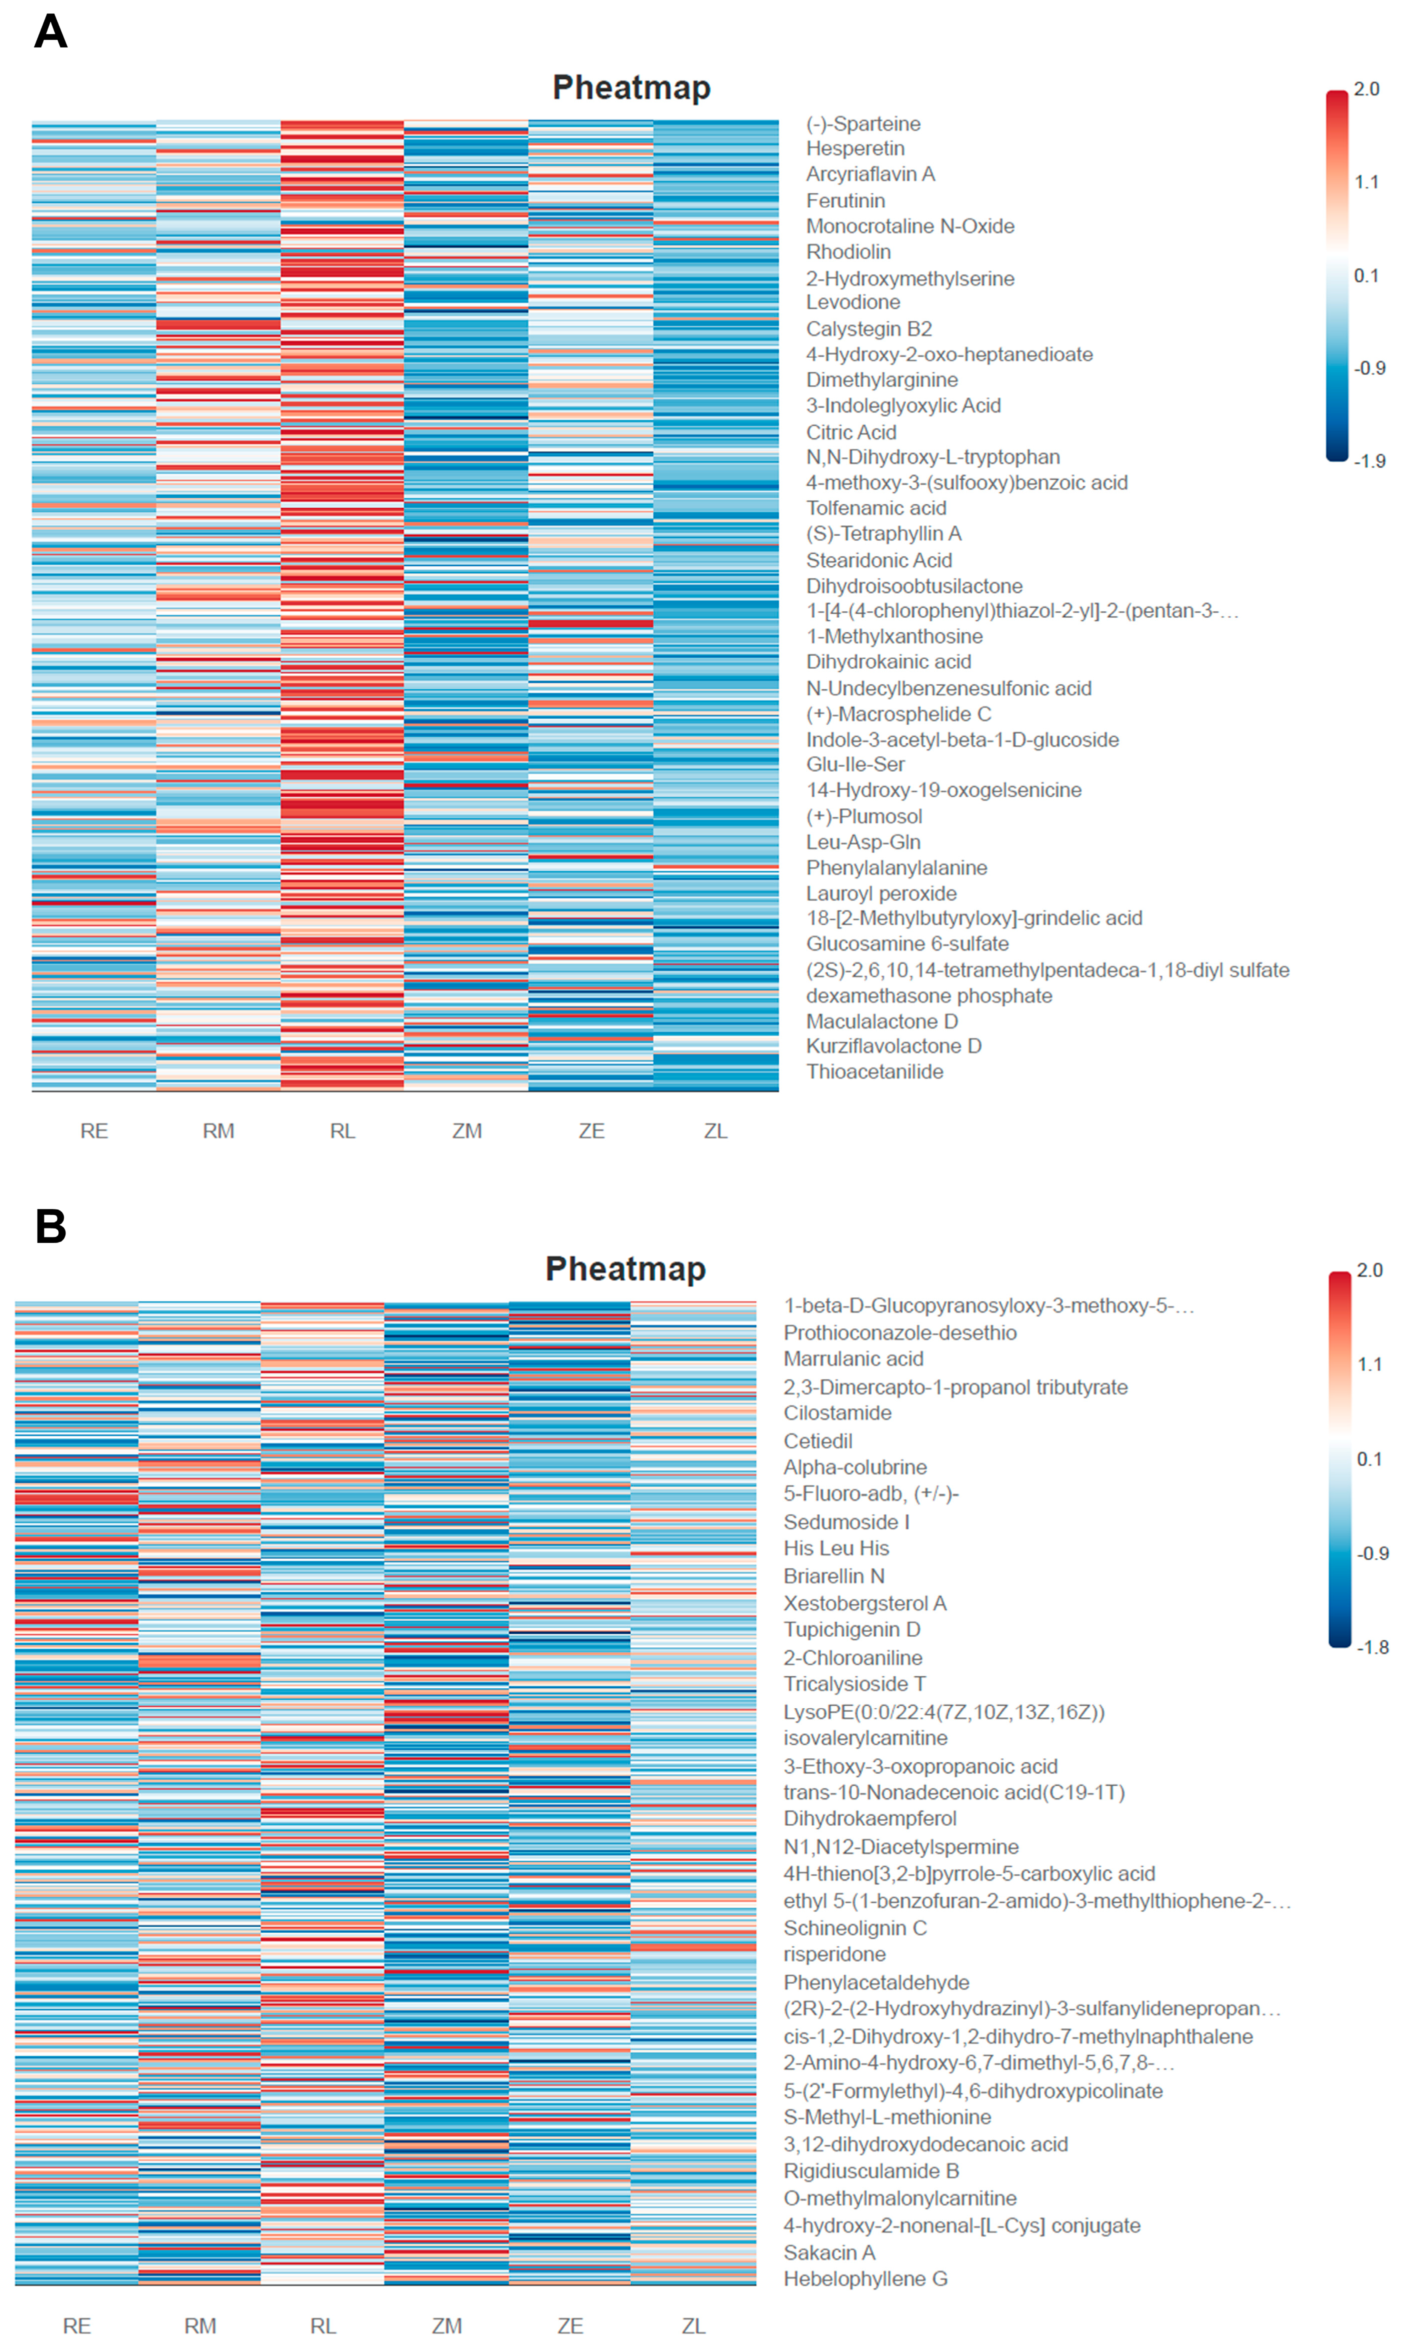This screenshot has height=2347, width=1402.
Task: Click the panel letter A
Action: (51, 31)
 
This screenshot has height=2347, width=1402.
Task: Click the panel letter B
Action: (51, 1227)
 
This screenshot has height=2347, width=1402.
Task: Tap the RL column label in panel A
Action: (342, 1131)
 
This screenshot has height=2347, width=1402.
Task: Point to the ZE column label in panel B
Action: (570, 2326)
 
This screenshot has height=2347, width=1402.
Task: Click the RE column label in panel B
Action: (76, 2326)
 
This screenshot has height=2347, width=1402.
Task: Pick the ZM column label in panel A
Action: (467, 1131)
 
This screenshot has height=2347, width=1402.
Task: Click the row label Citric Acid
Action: (851, 432)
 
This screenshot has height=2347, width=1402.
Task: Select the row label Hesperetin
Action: (855, 148)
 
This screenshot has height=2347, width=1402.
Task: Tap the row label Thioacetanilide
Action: (875, 1071)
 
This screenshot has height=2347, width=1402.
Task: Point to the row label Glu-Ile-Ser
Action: (855, 764)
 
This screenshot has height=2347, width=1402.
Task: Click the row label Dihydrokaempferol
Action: (870, 1818)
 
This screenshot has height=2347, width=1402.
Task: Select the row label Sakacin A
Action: (830, 2253)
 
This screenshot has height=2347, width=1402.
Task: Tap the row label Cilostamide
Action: (837, 1413)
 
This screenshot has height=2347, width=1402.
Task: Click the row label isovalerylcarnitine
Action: (865, 1738)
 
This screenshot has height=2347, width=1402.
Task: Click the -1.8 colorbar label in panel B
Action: (1373, 1647)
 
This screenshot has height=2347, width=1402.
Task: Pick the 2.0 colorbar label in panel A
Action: (1366, 89)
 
